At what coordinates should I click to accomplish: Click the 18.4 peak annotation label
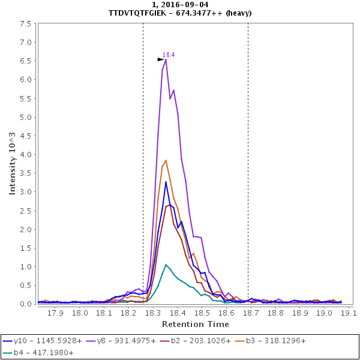pos(169,55)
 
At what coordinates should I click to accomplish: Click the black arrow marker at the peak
pos(160,59)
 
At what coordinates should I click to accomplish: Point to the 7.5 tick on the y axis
pos(26,24)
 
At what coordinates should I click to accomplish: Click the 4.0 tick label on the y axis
pos(26,155)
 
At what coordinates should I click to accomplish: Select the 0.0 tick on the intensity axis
pos(26,304)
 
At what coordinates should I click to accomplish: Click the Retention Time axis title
pos(195,324)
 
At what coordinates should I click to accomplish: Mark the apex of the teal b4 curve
pos(166,265)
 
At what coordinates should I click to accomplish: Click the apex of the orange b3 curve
pos(166,160)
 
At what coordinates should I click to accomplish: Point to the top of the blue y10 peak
pos(166,182)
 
